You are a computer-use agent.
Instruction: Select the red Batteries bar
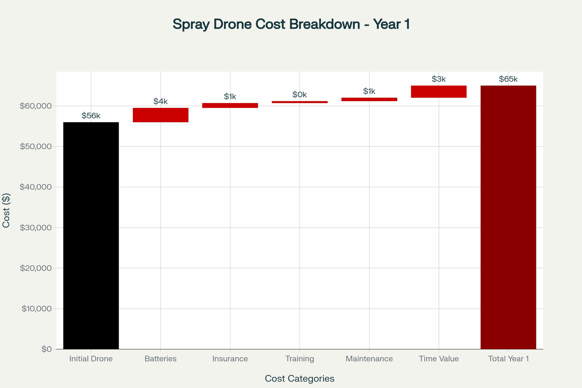160,115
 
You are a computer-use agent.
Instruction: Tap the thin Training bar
299,102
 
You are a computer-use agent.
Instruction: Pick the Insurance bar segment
230,105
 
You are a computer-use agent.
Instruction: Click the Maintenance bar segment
369,99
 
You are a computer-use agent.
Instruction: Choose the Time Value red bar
439,91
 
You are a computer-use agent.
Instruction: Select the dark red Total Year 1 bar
508,217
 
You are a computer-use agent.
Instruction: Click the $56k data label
91,116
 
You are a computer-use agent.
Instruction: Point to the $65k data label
508,79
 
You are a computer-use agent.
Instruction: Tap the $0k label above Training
299,95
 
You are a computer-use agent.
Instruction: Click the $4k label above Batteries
160,101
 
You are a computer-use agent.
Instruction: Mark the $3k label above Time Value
439,79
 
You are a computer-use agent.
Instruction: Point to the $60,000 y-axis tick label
36,106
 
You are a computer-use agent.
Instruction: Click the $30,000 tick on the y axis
36,227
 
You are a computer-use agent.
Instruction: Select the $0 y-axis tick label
47,349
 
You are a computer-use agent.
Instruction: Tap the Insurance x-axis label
230,359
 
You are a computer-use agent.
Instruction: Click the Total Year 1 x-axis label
508,359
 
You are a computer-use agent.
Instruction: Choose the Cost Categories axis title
299,378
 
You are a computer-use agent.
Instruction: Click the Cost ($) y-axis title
6,210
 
